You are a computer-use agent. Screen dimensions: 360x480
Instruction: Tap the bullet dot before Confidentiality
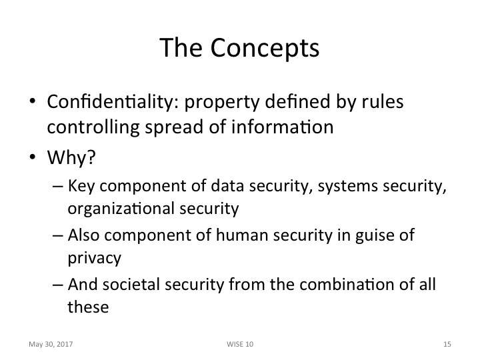click(33, 104)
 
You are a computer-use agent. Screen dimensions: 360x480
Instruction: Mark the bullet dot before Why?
click(33, 160)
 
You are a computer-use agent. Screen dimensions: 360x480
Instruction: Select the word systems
click(344, 187)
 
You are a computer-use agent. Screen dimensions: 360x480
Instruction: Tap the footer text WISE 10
click(240, 344)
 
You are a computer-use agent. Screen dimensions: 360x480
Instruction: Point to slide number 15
click(447, 344)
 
